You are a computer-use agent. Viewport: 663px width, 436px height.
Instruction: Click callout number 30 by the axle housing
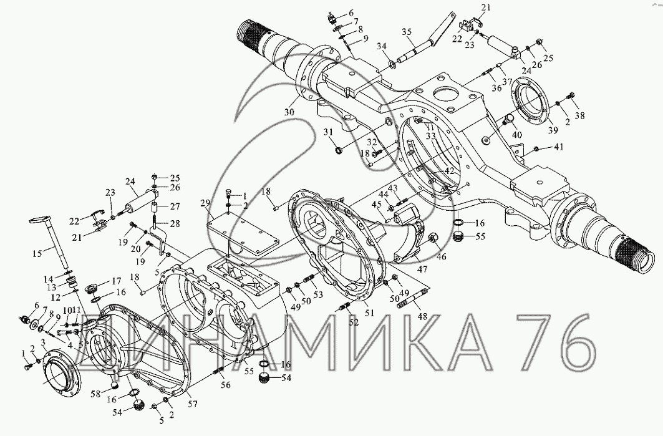point(289,112)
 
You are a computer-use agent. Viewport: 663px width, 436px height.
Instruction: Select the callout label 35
point(406,32)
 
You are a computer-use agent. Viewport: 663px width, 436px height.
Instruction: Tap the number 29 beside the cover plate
point(205,203)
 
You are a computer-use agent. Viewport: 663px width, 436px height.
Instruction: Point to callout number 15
point(37,253)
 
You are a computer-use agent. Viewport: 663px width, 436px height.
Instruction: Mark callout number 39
point(553,130)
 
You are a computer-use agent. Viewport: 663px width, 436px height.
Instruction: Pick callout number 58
point(97,394)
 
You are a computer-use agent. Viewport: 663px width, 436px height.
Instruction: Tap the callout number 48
point(422,316)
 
